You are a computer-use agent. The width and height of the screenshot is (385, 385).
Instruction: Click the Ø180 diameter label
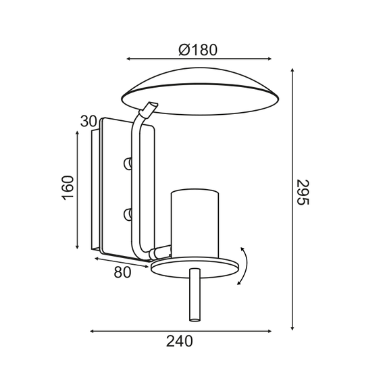198,50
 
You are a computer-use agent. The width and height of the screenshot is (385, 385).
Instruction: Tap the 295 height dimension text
303,192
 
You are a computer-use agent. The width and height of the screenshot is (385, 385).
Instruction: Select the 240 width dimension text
180,341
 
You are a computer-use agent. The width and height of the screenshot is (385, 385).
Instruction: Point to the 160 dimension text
68,188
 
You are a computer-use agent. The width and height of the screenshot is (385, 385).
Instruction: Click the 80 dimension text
122,272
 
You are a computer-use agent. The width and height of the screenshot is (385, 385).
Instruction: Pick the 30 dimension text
88,122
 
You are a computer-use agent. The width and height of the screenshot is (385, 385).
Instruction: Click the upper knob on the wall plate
128,163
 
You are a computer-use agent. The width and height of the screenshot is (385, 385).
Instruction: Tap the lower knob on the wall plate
128,213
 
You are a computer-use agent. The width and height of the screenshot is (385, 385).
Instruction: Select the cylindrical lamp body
195,224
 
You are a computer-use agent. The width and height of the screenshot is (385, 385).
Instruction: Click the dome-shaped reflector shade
200,91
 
